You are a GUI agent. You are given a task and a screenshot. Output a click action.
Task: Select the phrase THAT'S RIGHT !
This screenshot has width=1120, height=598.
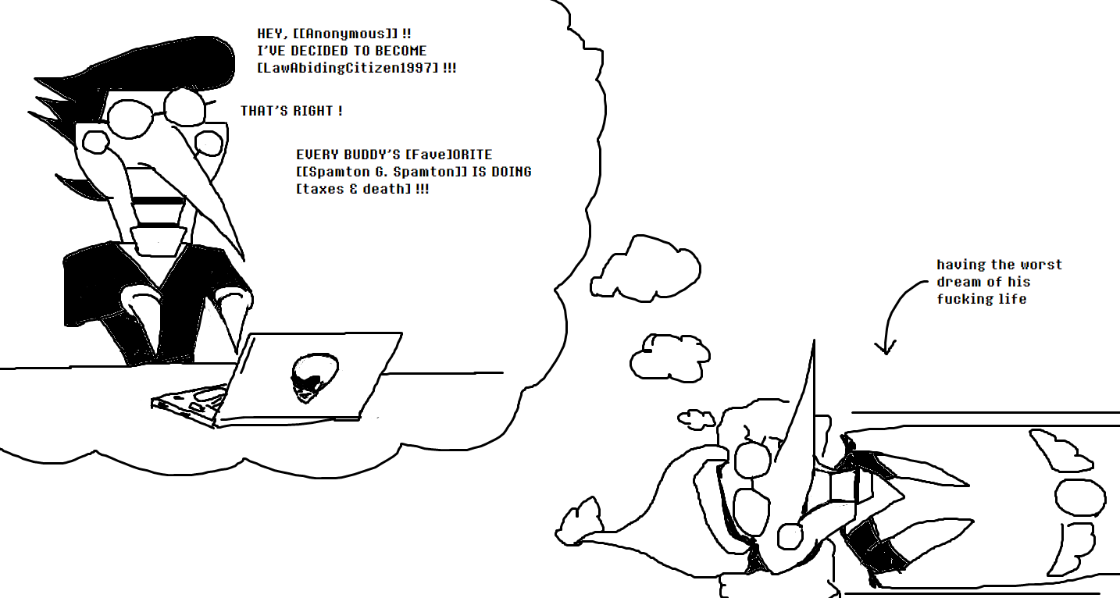coord(291,110)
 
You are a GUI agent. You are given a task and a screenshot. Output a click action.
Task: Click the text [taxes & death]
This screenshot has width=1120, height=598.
coord(354,189)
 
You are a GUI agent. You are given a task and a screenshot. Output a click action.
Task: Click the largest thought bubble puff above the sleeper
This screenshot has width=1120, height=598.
coord(645,269)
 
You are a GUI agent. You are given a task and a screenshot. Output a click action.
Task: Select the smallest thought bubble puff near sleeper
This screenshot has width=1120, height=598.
coord(696,419)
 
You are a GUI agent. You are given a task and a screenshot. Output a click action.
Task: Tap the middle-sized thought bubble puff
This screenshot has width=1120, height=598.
coord(670,358)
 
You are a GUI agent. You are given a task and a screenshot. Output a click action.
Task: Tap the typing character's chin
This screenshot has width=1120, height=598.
coord(158,240)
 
